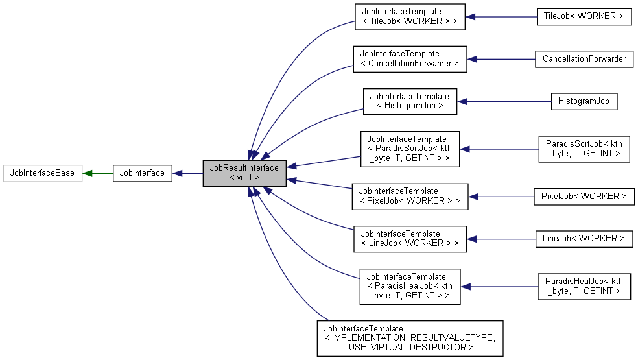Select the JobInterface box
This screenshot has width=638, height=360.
coord(142,173)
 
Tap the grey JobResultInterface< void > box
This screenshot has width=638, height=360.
coord(244,173)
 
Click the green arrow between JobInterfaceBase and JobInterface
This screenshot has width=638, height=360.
coord(97,173)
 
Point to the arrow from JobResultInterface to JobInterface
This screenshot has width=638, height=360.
coord(187,173)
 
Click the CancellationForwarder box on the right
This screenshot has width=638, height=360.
coord(584,59)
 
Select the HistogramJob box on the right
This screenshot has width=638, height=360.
coord(584,101)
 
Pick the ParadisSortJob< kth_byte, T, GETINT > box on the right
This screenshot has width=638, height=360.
coord(584,149)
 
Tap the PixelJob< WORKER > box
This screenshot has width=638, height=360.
coord(584,196)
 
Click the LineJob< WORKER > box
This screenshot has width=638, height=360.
coord(584,239)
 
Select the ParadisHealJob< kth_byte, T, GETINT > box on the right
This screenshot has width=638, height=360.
coord(584,286)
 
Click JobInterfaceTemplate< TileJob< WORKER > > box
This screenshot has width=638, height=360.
coord(409,17)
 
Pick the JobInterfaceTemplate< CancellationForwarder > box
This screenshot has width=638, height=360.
coord(409,59)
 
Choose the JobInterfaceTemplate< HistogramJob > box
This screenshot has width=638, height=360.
coord(409,101)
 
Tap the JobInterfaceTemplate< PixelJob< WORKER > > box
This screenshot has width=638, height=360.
coord(409,196)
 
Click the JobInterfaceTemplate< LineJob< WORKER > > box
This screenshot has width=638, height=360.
coord(409,239)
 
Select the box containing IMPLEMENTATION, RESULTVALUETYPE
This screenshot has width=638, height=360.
coord(409,338)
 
